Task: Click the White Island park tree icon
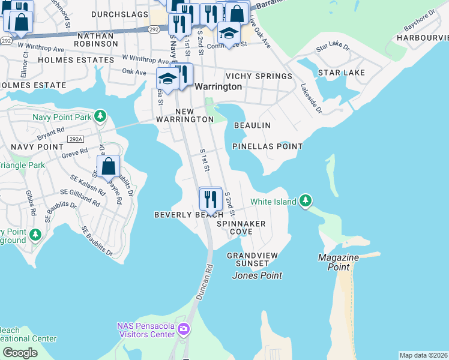point(306,200)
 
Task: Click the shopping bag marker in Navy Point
point(109,166)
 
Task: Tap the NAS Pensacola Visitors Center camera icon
point(184,329)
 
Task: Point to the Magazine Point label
point(339,262)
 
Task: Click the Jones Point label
point(257,276)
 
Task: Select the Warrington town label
point(218,86)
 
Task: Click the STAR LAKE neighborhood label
point(341,73)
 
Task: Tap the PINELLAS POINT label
point(268,146)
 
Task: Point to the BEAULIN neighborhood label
point(252,125)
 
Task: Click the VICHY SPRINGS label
point(259,76)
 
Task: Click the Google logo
point(20,352)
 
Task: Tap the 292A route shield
point(76,139)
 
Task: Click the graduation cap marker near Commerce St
point(229,33)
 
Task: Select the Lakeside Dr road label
point(311,98)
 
